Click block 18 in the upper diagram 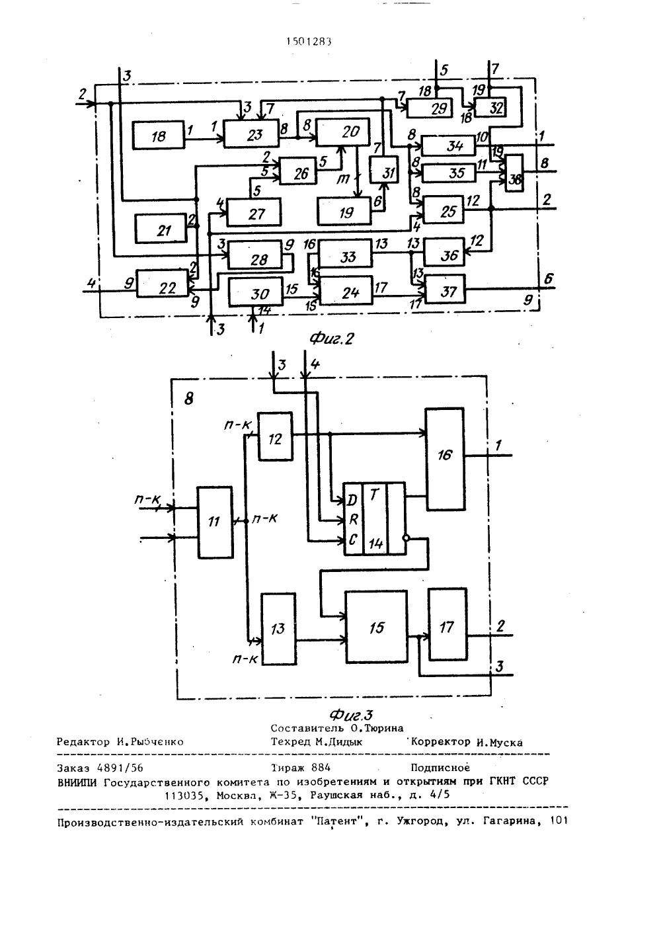(x=159, y=135)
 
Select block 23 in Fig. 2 (x=252, y=134)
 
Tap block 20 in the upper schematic (x=343, y=132)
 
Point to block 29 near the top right (x=430, y=108)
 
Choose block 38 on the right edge (x=514, y=173)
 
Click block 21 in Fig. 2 (x=161, y=228)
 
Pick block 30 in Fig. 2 (x=256, y=292)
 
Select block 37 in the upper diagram (x=445, y=289)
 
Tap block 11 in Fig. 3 (x=215, y=522)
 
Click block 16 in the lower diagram (x=445, y=459)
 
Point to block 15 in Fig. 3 (x=376, y=626)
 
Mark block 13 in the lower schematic (x=278, y=628)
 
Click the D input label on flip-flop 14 (x=352, y=500)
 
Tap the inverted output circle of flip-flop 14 (x=407, y=538)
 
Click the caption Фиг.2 (x=332, y=339)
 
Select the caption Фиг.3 (x=351, y=715)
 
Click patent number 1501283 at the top (x=309, y=41)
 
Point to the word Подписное (x=440, y=768)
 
